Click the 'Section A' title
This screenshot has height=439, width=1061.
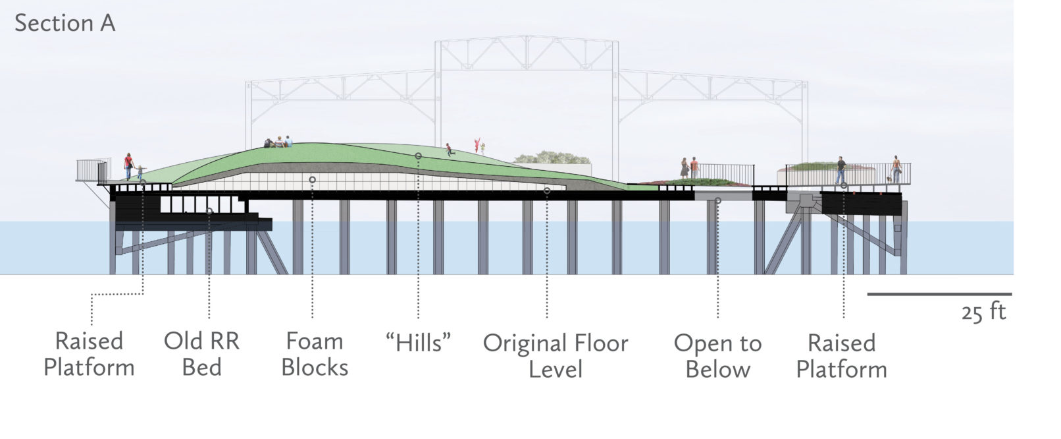pos(65,23)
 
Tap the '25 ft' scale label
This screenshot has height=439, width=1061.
pos(983,311)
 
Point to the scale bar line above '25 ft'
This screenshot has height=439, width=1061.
pos(939,294)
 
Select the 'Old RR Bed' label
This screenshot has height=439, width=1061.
pos(201,354)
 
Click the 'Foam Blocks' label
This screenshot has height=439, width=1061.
pos(315,354)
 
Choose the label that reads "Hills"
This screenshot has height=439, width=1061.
pos(419,343)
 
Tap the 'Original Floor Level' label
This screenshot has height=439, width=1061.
pos(556,356)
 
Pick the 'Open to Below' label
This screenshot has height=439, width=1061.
pos(717,356)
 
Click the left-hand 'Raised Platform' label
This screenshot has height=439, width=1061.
pos(89,354)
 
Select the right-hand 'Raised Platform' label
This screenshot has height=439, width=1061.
pos(841,356)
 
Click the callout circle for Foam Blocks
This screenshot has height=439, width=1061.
pos(312,179)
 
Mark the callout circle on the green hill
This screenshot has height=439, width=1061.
pos(418,156)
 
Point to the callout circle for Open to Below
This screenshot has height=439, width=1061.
pos(717,200)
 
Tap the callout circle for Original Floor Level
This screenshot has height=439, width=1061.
pos(547,191)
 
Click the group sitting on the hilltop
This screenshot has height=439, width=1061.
pos(278,142)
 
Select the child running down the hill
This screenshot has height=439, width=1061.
pos(450,150)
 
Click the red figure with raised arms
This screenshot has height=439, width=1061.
pos(477,146)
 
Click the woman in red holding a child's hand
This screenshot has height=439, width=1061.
pos(129,166)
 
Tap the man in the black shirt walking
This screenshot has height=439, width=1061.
pos(841,170)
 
